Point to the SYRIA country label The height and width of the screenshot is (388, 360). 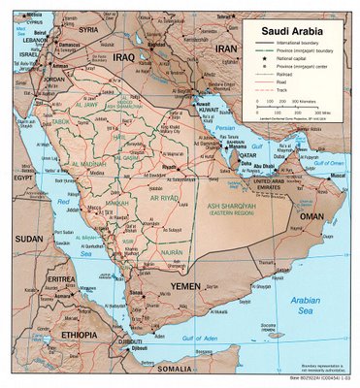pyautogui.click(x=88, y=29)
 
